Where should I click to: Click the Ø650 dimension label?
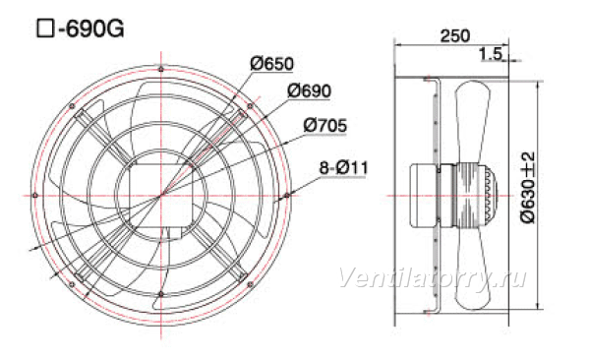[x=271, y=63]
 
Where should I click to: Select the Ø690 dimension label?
[x=310, y=90]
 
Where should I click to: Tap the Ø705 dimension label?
[x=325, y=125]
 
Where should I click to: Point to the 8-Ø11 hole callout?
[x=343, y=167]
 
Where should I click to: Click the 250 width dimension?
[x=455, y=35]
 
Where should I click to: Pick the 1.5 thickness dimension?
[x=491, y=54]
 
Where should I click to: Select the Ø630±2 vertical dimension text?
[x=527, y=188]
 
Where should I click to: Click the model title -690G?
[x=91, y=29]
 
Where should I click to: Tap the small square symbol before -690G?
[x=45, y=29]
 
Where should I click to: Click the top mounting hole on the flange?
[x=161, y=69]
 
